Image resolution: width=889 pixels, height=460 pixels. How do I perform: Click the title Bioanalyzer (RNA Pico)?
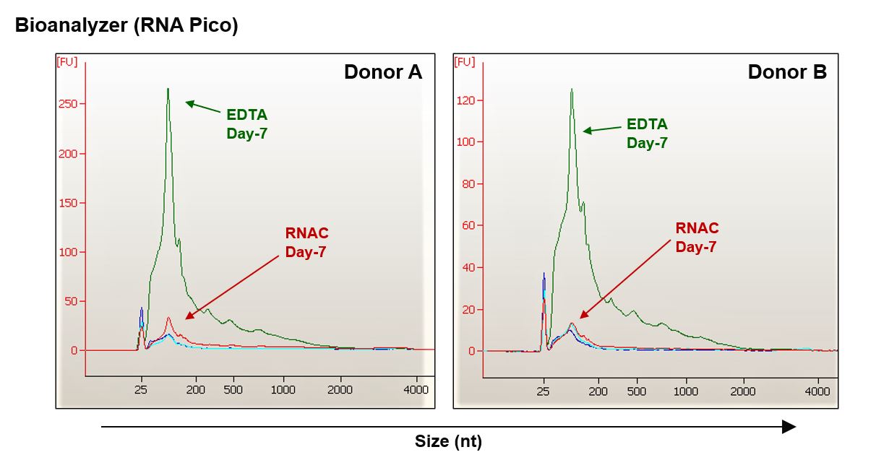(126, 26)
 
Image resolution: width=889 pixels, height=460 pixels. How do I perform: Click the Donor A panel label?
(382, 72)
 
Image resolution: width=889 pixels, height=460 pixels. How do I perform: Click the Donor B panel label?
(787, 72)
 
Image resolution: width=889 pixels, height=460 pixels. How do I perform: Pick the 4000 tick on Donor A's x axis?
(416, 390)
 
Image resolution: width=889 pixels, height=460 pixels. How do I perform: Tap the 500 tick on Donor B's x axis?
(637, 391)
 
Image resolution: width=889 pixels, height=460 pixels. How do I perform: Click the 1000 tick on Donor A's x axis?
(283, 390)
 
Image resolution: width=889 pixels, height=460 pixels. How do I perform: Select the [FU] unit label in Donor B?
(465, 62)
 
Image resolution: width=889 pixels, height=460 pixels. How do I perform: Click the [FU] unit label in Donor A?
(67, 62)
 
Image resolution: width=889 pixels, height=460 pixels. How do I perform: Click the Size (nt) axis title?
(448, 441)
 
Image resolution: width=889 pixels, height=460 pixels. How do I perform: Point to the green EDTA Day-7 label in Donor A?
(246, 124)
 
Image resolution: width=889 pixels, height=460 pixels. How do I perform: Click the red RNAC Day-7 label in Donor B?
(697, 238)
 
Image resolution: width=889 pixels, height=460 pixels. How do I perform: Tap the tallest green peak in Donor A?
(168, 90)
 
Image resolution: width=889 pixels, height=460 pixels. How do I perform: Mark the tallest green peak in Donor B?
(571, 90)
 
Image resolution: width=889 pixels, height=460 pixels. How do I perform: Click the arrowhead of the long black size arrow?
(789, 427)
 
